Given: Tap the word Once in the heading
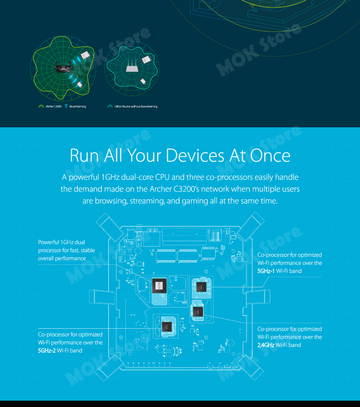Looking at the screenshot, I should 270,155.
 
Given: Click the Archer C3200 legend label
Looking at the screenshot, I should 53,106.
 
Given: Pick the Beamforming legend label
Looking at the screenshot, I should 78,106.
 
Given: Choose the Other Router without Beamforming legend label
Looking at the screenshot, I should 136,106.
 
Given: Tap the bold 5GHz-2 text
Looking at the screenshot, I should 47,350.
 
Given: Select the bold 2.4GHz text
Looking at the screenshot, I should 266,345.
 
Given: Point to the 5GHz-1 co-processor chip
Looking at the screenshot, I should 202,286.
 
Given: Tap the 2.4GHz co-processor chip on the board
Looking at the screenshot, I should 197,312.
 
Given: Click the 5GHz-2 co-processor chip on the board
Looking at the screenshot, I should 167,327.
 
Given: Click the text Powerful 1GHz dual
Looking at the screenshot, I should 61,242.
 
